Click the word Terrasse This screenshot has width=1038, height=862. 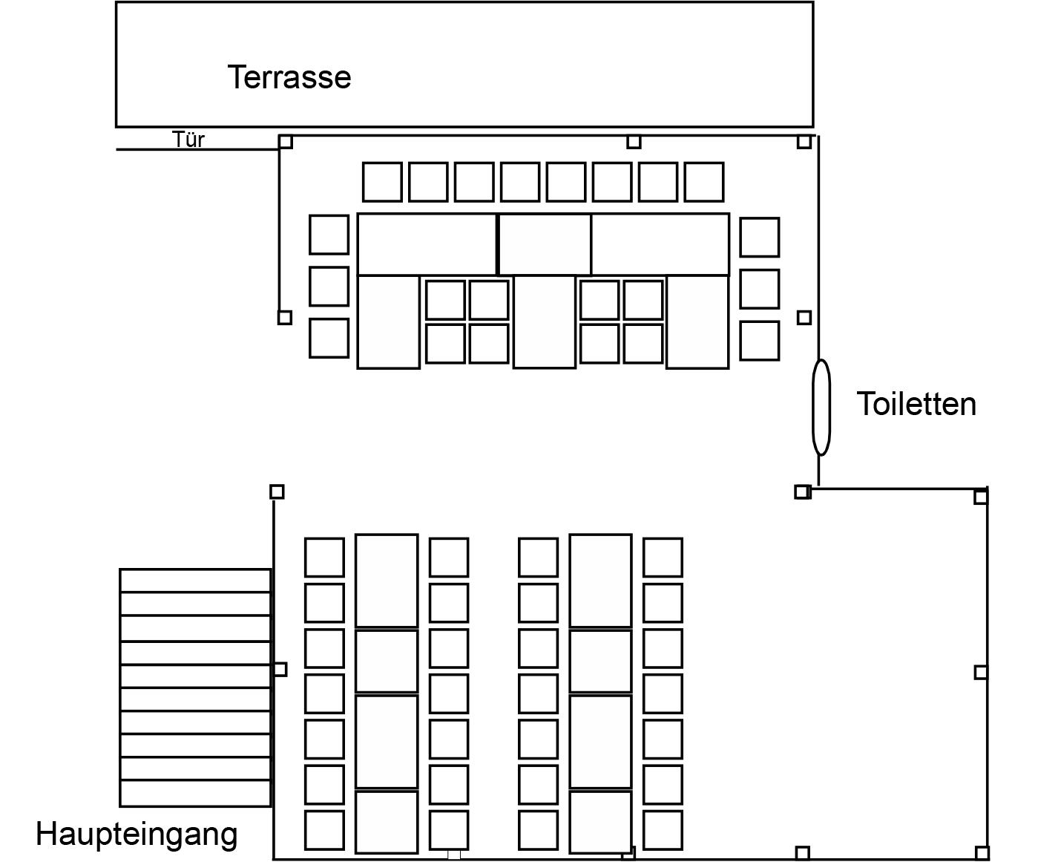click(289, 77)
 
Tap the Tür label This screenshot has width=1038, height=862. click(188, 140)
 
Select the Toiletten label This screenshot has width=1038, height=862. click(916, 404)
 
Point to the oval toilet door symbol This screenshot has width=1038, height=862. click(821, 407)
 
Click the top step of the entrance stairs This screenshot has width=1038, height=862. click(195, 581)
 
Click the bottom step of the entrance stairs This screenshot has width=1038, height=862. click(195, 794)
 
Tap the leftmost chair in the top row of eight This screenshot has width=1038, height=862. click(382, 182)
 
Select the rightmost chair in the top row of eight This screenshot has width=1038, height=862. click(703, 182)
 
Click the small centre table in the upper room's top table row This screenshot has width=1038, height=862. click(545, 244)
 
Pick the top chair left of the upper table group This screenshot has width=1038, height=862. click(329, 235)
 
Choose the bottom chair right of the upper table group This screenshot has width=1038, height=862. click(759, 341)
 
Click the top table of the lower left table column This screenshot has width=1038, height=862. click(387, 581)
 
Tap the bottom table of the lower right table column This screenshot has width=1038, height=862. click(600, 822)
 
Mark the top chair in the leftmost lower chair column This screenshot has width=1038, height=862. click(324, 558)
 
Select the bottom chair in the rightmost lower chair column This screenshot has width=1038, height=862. click(663, 830)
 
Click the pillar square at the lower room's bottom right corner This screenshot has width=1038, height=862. click(982, 852)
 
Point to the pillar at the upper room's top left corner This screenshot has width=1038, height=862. click(286, 142)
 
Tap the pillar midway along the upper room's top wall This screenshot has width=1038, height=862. click(634, 142)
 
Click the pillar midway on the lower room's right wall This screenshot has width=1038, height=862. click(981, 673)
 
